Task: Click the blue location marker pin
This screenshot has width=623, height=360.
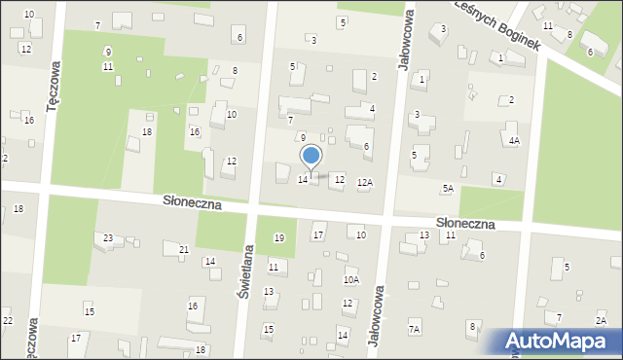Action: (311, 156)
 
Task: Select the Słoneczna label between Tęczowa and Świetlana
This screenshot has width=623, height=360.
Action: (193, 205)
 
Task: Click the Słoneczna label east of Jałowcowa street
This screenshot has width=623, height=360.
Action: (465, 223)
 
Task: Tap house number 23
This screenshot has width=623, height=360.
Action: (108, 237)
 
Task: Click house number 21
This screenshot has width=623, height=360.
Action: (184, 250)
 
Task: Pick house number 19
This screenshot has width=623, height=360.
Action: (279, 238)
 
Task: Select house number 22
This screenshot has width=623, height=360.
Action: (7, 321)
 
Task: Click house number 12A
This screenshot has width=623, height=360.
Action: (364, 182)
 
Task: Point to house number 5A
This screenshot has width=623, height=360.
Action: (448, 188)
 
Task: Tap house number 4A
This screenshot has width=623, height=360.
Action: (514, 140)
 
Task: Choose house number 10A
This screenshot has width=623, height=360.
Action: (350, 279)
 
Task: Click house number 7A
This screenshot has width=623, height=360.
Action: (414, 330)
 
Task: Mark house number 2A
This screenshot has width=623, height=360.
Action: (601, 320)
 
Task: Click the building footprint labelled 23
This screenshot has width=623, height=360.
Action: (100, 241)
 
